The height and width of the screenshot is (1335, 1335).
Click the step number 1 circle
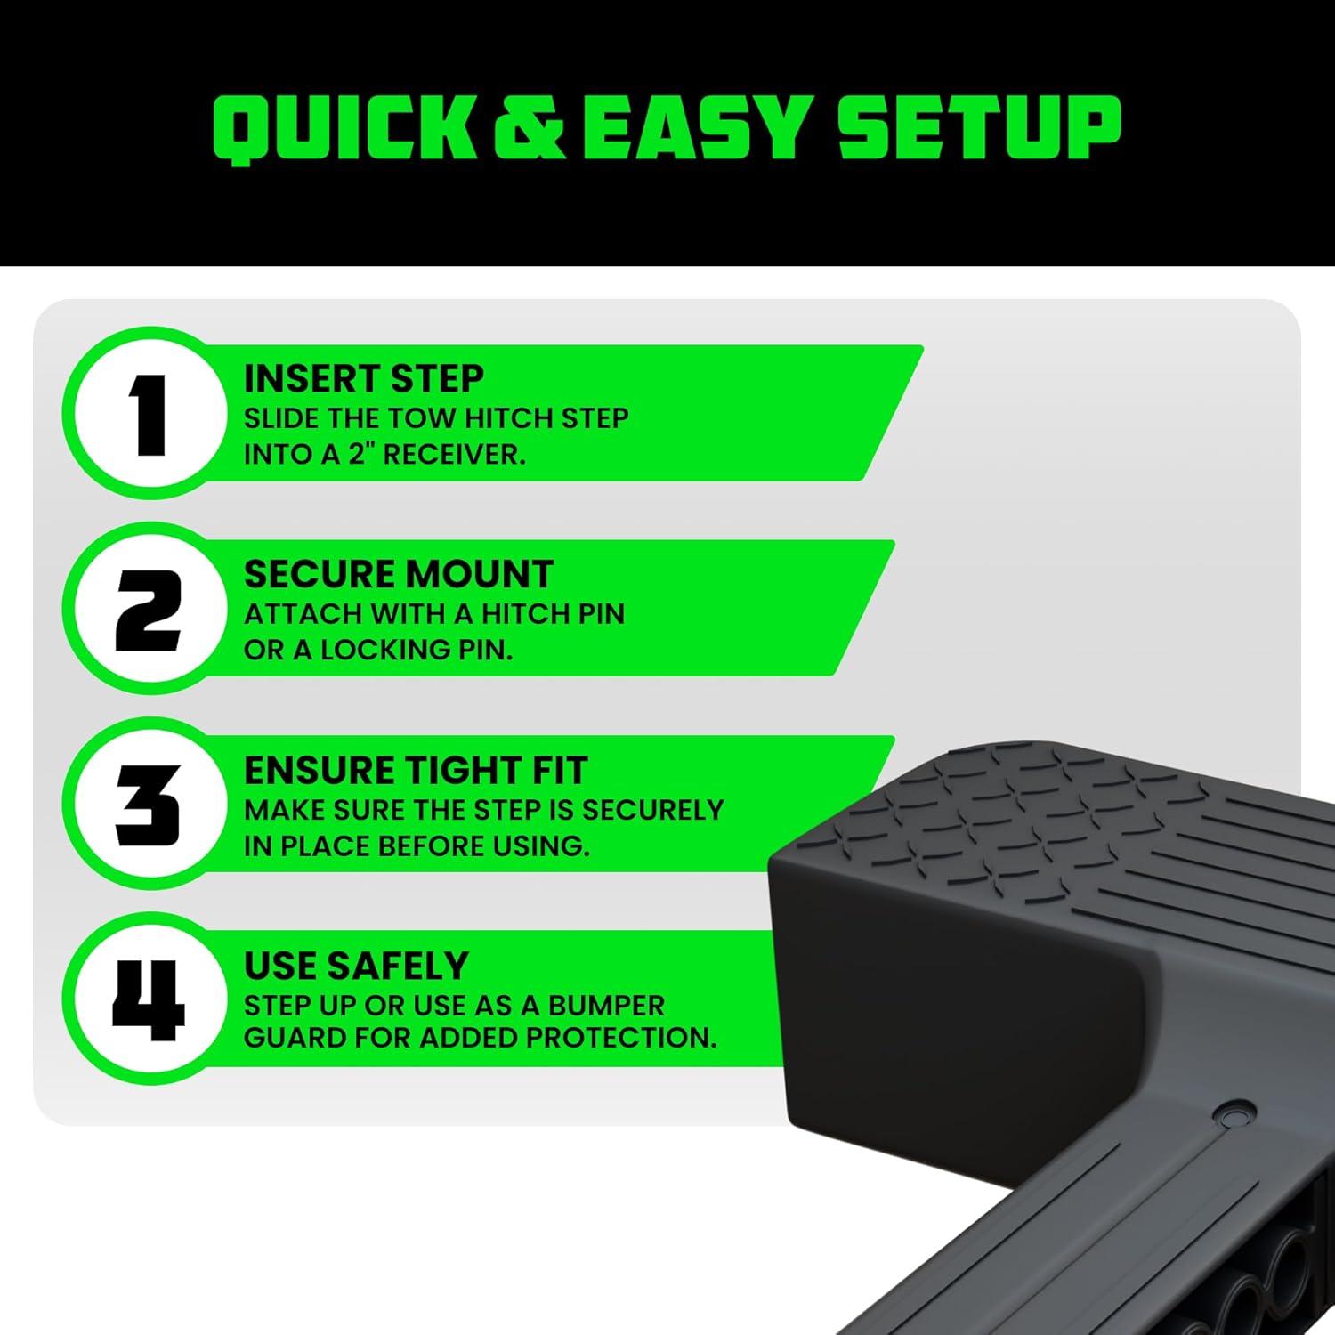(148, 415)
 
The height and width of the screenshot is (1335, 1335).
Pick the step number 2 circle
(148, 611)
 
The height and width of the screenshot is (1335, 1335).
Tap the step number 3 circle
(148, 806)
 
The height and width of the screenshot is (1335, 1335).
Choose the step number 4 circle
(148, 1000)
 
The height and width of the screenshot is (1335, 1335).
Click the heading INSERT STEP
(364, 379)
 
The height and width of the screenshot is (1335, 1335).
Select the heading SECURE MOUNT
(399, 575)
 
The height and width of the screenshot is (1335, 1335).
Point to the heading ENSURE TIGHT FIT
(416, 771)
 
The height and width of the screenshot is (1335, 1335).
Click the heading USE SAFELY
(356, 967)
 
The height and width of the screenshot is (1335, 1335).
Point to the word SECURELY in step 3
(652, 810)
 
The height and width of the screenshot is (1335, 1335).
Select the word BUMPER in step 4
(605, 1006)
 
